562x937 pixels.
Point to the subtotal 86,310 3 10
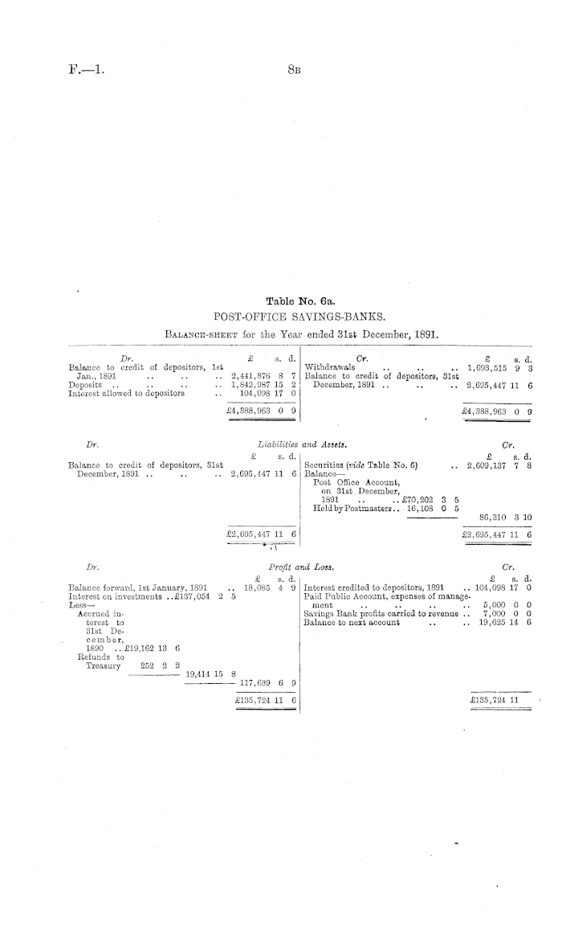coord(508,518)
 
